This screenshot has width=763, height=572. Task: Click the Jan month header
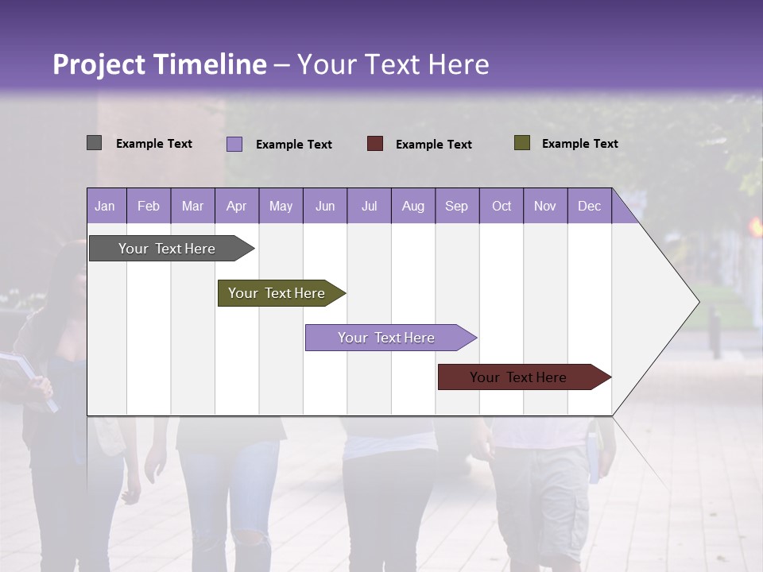(105, 206)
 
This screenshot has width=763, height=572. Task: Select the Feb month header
(149, 206)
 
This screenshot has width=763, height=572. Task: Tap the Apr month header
(236, 206)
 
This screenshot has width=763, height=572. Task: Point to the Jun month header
(325, 206)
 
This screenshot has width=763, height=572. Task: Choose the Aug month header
(412, 206)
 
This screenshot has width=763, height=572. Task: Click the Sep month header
(456, 206)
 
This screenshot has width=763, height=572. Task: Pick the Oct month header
(502, 206)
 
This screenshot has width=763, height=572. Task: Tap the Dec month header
(589, 206)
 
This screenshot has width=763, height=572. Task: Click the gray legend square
(94, 143)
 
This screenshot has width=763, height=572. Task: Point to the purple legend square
(234, 144)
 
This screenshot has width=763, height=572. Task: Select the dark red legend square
(375, 144)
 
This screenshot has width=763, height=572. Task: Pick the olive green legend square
(522, 143)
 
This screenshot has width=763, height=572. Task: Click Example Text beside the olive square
(579, 144)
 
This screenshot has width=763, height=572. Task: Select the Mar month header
(192, 206)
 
